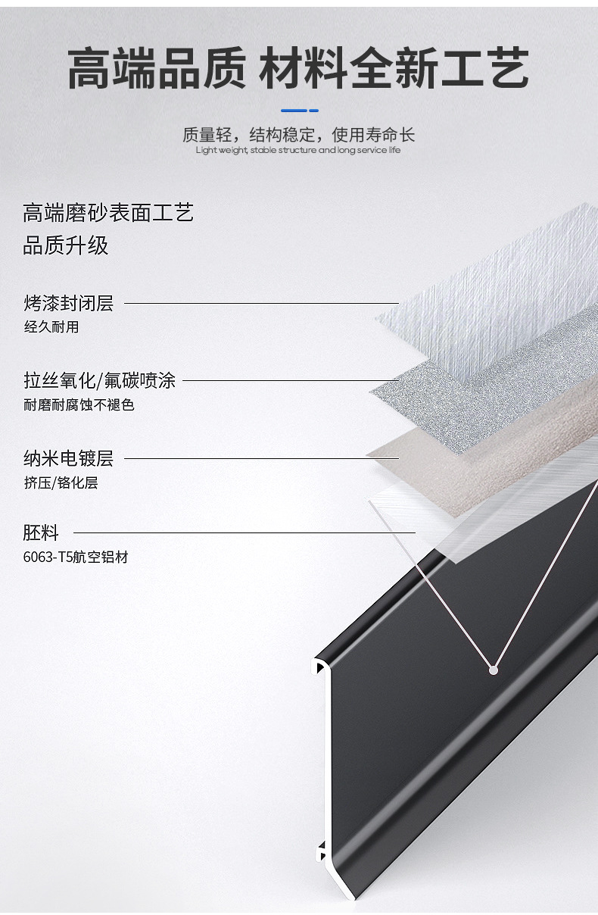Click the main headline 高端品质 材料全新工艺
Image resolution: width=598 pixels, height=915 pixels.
click(x=298, y=68)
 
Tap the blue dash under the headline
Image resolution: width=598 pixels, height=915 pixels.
click(x=300, y=111)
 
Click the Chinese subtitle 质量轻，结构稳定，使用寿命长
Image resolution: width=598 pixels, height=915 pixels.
click(x=298, y=134)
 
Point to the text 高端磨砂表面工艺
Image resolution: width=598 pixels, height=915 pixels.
click(x=108, y=213)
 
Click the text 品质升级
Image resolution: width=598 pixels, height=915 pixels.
click(x=65, y=245)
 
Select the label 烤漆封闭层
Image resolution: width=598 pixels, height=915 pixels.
click(x=69, y=303)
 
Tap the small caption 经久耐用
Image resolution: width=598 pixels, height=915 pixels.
click(x=51, y=326)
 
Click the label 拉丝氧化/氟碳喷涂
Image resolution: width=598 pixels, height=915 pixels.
click(x=100, y=380)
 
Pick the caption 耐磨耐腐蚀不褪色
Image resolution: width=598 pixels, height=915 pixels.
click(x=79, y=404)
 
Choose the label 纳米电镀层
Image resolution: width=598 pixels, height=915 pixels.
click(x=69, y=458)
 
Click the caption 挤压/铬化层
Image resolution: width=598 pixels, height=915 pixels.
click(x=61, y=482)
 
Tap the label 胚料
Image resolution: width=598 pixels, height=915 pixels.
click(x=41, y=532)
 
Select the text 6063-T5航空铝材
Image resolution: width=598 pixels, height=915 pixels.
click(x=76, y=557)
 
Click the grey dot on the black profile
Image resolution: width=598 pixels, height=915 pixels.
click(x=493, y=670)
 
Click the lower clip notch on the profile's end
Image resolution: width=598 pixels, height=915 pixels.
click(x=321, y=851)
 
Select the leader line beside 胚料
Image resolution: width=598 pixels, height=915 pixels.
click(x=244, y=532)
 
